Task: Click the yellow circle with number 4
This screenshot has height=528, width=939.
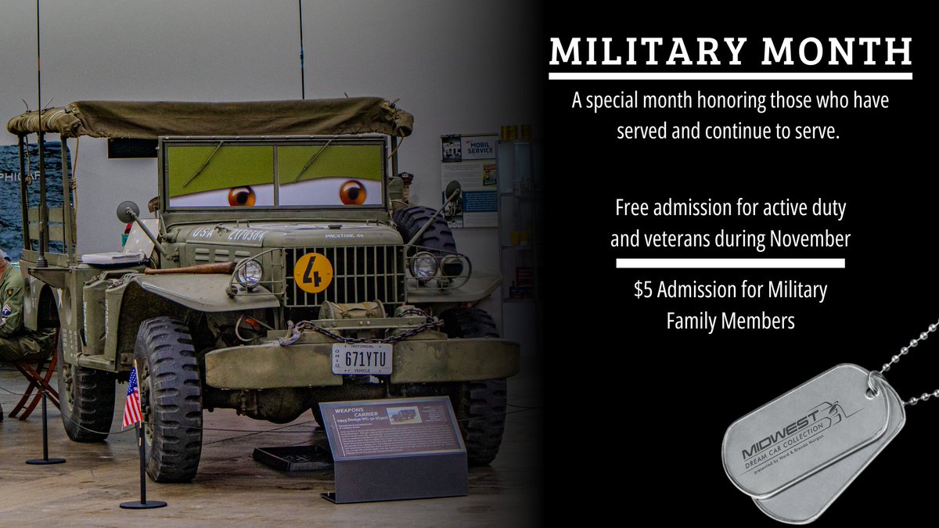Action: [313, 272]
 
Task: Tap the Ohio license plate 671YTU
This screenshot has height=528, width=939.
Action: [362, 358]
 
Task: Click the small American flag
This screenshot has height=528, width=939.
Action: [132, 398]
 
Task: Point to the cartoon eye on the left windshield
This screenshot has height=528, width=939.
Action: [241, 196]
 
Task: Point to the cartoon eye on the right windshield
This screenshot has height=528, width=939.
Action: [352, 192]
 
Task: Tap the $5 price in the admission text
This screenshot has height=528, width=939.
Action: [643, 290]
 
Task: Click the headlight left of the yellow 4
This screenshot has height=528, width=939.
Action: [250, 272]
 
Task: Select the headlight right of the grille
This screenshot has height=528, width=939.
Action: [423, 266]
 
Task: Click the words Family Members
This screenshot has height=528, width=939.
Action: [730, 321]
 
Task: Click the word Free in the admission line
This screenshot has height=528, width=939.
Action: [632, 209]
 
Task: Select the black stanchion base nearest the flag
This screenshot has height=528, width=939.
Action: [143, 503]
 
